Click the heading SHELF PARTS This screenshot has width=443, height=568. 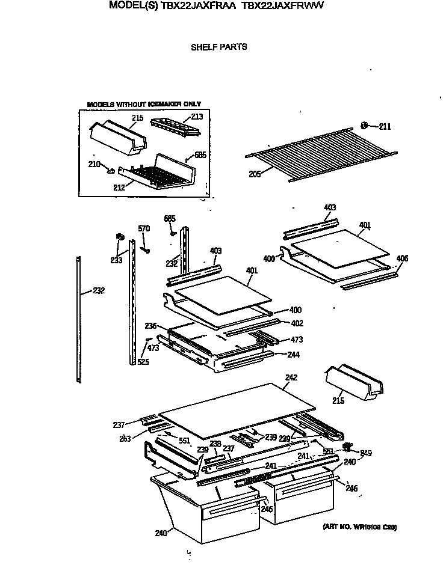pos(218,47)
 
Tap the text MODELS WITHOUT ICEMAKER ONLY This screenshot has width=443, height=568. pos(144,104)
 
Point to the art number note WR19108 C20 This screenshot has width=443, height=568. pos(359,527)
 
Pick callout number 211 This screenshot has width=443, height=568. pos(385,126)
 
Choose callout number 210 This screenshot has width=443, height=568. pos(94,164)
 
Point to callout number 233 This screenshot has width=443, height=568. pos(116,260)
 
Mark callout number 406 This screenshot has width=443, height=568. pos(401,258)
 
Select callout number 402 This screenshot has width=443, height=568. pos(296,323)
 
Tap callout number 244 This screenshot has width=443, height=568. pos(294,355)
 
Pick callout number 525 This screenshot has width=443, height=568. pos(143,361)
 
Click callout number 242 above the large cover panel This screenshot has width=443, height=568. pos(291,378)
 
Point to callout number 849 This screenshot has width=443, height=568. pos(366,453)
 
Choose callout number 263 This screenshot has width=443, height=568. pos(125,439)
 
